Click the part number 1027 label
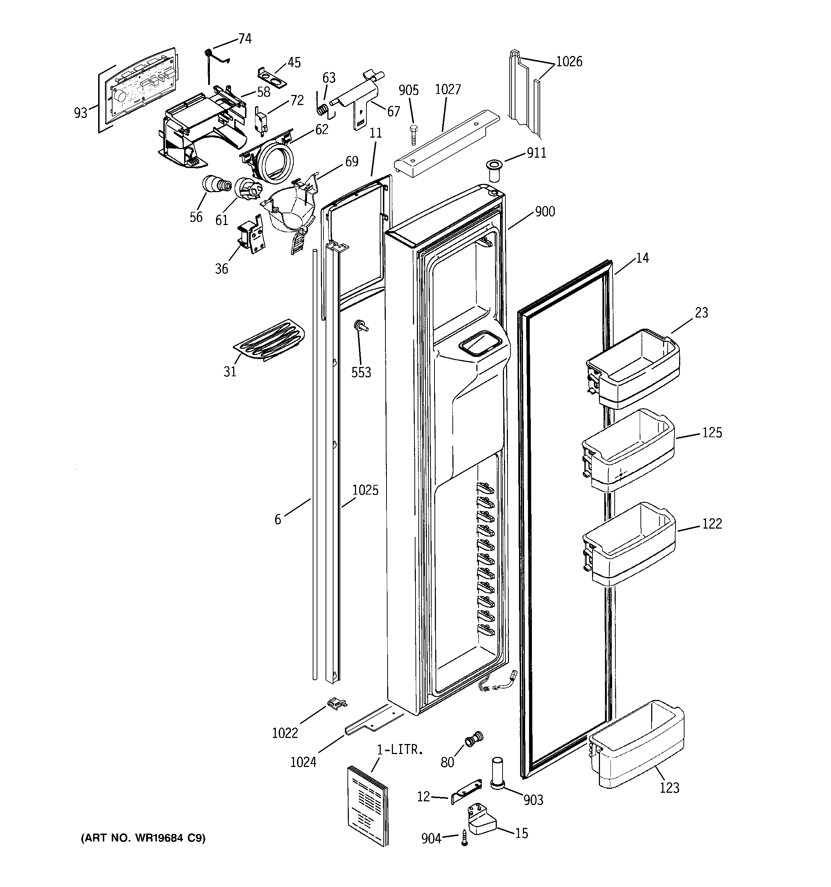coord(447,90)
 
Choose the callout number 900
coord(545,211)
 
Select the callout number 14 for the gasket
coord(642,258)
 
